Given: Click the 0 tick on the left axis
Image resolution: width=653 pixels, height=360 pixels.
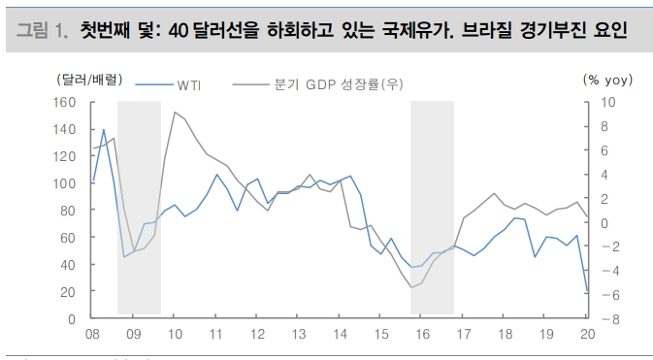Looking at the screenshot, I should pyautogui.click(x=72, y=319).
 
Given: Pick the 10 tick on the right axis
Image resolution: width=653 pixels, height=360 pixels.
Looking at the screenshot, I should pyautogui.click(x=609, y=102).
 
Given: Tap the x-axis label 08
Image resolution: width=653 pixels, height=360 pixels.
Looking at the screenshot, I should pyautogui.click(x=92, y=335).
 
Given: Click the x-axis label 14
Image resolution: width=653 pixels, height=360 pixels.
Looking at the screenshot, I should pyautogui.click(x=341, y=335).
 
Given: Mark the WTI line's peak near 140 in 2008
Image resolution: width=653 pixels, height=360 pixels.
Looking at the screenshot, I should pyautogui.click(x=104, y=129).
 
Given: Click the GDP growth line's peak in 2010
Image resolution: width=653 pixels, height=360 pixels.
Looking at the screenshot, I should pyautogui.click(x=175, y=113).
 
